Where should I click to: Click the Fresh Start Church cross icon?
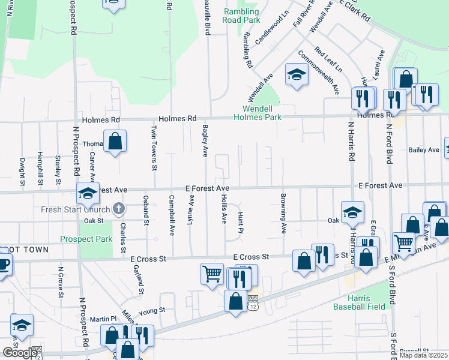(119, 209)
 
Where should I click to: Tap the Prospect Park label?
(86, 239)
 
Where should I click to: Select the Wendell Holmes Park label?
(262, 113)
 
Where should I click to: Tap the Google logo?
(20, 353)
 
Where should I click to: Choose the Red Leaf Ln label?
(328, 60)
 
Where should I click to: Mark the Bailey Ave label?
(423, 149)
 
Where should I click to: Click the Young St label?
(151, 311)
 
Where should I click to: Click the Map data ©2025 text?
(423, 355)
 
